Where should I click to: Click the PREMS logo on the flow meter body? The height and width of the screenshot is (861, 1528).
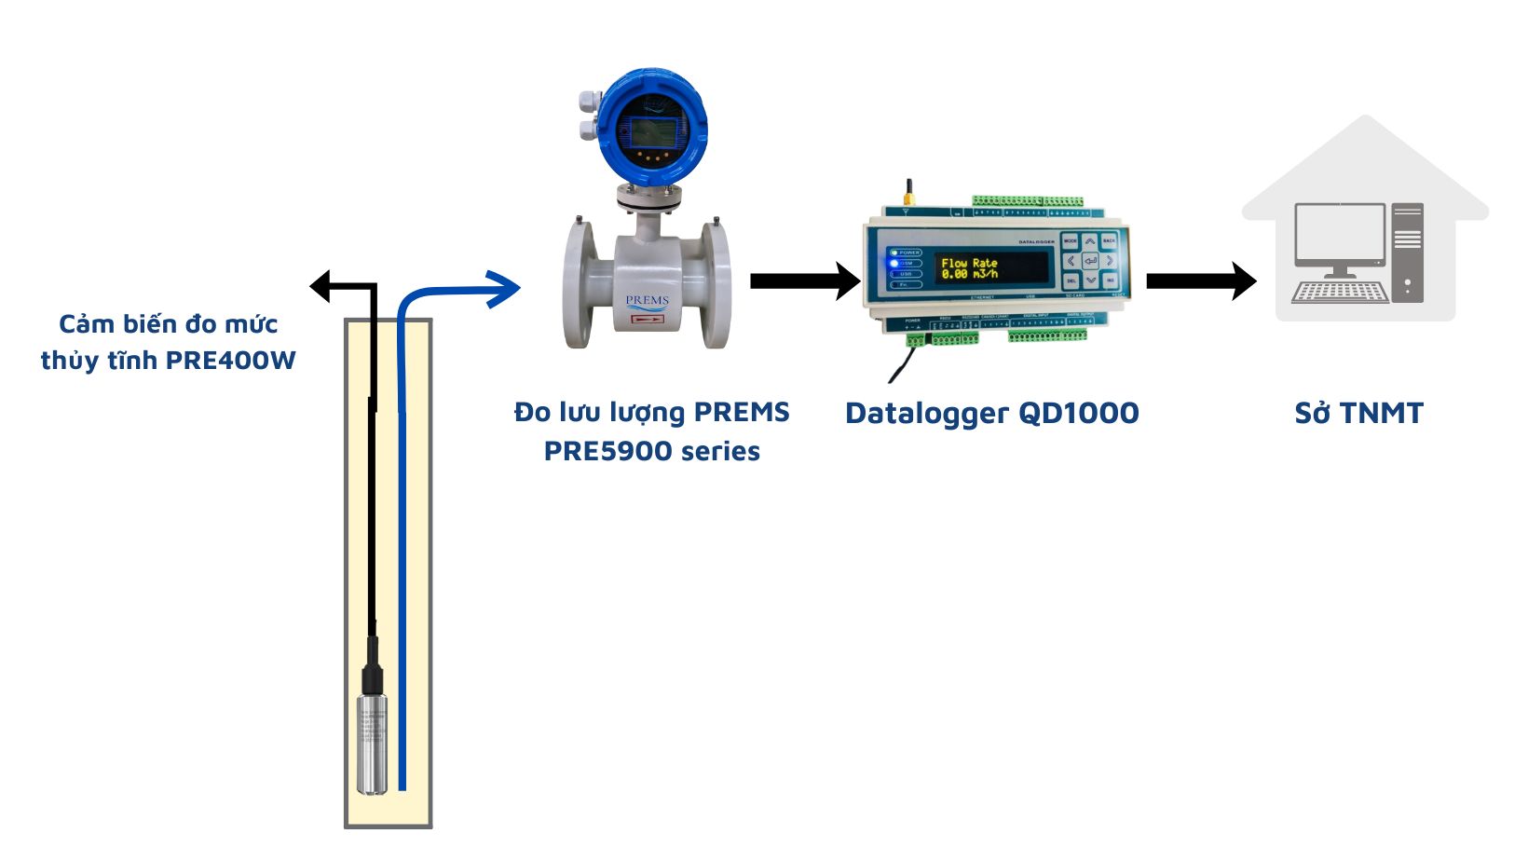[x=647, y=301]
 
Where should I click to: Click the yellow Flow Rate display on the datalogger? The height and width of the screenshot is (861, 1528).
[x=970, y=268]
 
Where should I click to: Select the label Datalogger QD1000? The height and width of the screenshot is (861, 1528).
[x=991, y=413]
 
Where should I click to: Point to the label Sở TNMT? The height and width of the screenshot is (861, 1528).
[x=1358, y=413]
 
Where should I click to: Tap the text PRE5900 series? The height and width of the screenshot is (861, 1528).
[x=651, y=451]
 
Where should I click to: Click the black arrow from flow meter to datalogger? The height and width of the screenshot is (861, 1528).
[x=805, y=280]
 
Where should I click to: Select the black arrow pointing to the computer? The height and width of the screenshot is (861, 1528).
[x=1201, y=280]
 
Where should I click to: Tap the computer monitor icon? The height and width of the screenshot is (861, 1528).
[x=1340, y=235]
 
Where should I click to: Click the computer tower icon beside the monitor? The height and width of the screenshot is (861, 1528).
[x=1408, y=252]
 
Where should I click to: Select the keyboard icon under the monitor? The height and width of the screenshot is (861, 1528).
[x=1340, y=292]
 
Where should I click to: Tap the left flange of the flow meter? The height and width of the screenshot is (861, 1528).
[x=580, y=283]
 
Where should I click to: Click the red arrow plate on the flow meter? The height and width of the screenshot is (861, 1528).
[x=647, y=320]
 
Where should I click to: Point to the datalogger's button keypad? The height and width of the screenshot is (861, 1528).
[x=1089, y=261]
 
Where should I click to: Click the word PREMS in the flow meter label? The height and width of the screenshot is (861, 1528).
[x=742, y=412]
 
